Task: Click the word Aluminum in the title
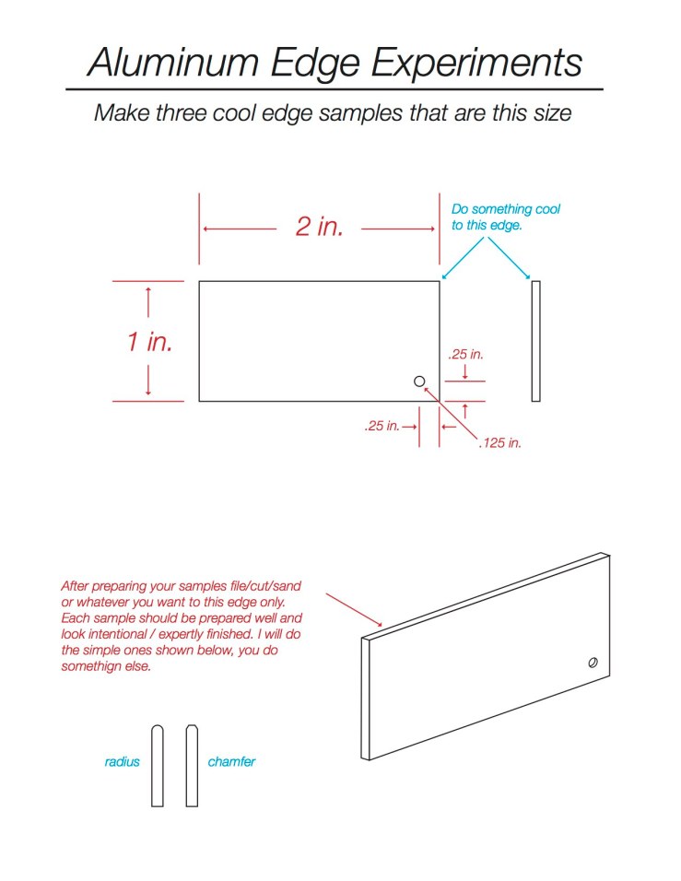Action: point(172,62)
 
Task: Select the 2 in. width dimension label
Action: point(319,227)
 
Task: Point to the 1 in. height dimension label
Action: point(149,342)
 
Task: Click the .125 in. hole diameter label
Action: point(499,443)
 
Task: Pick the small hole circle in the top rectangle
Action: point(419,382)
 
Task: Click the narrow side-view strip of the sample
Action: point(535,341)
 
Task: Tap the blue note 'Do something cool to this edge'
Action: point(505,217)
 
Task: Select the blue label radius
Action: point(122,762)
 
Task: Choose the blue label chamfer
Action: point(231,762)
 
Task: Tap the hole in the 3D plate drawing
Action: point(592,662)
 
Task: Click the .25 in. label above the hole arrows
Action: point(465,354)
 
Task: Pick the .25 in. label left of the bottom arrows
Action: point(382,427)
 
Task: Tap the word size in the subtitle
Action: point(550,114)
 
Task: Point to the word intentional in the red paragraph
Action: point(128,634)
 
